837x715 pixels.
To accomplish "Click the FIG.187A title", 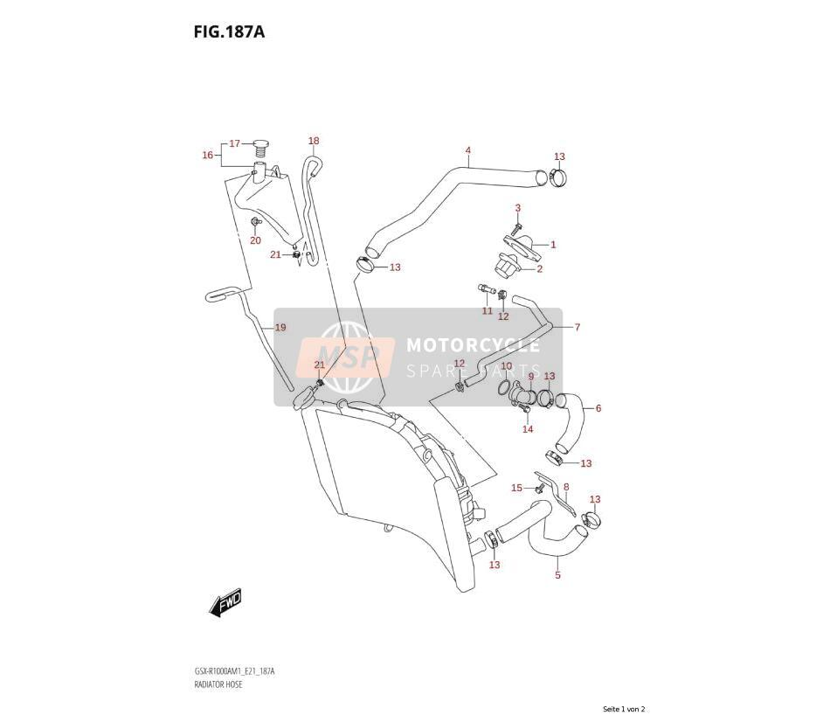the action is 229,32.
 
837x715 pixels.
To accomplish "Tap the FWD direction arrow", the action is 225,603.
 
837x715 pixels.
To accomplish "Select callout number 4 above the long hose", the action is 467,150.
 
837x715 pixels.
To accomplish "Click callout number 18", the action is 314,141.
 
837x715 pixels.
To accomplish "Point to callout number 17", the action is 235,143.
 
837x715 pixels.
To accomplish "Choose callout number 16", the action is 208,155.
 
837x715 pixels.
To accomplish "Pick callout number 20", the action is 256,240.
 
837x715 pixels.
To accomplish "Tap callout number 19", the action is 280,327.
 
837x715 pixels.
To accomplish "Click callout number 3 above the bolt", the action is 518,208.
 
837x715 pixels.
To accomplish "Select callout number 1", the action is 554,245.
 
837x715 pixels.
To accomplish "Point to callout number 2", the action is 540,268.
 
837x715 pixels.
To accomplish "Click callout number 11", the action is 488,310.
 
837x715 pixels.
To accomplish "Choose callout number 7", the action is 577,327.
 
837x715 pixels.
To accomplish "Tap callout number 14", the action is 528,429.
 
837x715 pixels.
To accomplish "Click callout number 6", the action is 598,408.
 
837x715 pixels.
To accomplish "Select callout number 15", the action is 516,488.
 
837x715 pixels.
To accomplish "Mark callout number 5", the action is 557,575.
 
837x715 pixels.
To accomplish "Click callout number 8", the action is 566,487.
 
